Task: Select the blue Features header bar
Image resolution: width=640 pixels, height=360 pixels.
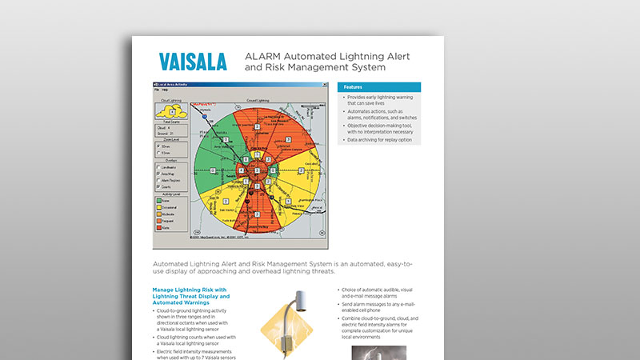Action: [x=378, y=86]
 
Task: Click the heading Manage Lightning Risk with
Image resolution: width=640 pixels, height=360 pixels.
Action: [x=188, y=290]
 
